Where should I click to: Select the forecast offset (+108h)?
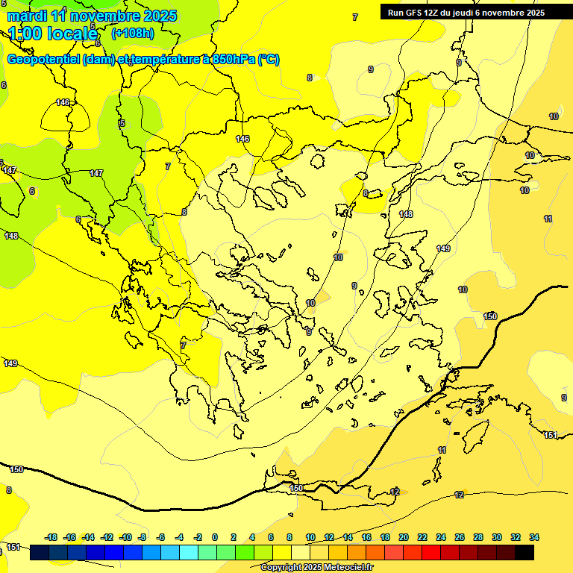click(x=132, y=34)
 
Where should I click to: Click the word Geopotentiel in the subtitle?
click(x=43, y=60)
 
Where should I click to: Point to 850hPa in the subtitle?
click(x=229, y=60)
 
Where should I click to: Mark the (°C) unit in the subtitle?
click(x=269, y=60)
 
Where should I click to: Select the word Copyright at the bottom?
click(x=282, y=568)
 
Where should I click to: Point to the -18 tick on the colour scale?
click(x=51, y=537)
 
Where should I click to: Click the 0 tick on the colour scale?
click(x=215, y=537)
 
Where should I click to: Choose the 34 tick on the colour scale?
click(x=534, y=537)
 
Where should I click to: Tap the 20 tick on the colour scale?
click(x=404, y=537)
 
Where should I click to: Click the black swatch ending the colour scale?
click(x=525, y=553)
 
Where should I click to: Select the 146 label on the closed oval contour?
click(x=63, y=103)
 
